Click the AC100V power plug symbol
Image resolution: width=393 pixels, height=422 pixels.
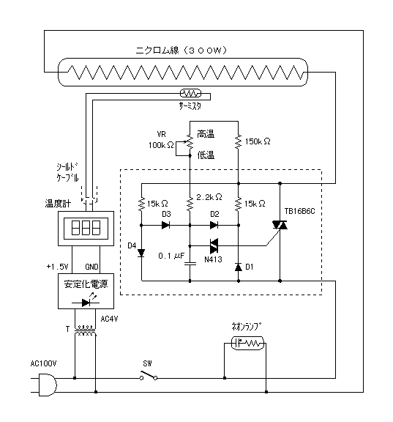click(48, 385)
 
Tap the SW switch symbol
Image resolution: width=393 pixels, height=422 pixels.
click(149, 375)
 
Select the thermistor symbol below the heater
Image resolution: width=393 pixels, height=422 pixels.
click(190, 93)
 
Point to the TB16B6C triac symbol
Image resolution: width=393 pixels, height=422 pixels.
click(280, 225)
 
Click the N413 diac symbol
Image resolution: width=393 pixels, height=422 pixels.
click(214, 245)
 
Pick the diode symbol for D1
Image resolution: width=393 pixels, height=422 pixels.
click(238, 267)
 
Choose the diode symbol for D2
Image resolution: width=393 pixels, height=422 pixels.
click(214, 225)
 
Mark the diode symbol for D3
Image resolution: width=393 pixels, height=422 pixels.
click(165, 225)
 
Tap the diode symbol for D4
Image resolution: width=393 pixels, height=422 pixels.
click(141, 253)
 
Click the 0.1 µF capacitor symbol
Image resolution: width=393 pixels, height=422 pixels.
click(190, 264)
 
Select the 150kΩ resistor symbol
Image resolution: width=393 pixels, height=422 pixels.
click(238, 141)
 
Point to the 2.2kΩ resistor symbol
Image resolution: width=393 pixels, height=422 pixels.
click(190, 204)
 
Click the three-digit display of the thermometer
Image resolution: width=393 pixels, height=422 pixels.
click(86, 229)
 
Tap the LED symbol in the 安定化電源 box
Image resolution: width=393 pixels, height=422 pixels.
click(86, 302)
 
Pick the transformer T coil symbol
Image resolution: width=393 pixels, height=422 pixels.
click(85, 330)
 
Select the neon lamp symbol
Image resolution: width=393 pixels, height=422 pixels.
click(247, 343)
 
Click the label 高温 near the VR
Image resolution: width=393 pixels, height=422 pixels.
click(206, 134)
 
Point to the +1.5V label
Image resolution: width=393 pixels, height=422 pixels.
click(58, 267)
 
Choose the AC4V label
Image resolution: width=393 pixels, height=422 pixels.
click(109, 319)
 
